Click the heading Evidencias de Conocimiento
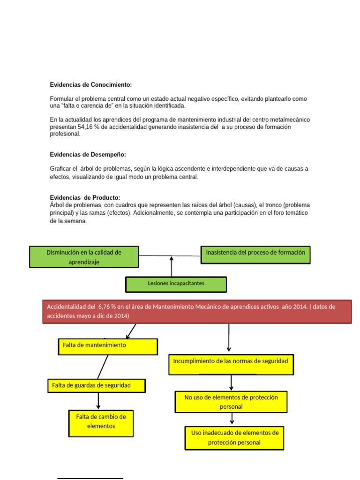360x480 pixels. (91, 85)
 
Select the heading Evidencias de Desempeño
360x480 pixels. (88, 155)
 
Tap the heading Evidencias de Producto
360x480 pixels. (85, 198)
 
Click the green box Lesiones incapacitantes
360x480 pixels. (176, 284)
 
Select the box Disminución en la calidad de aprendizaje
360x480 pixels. (84, 257)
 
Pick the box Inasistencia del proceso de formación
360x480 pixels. (255, 255)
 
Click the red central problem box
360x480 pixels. (197, 311)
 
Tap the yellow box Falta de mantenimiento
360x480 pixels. (108, 346)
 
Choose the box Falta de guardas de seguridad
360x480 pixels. (97, 386)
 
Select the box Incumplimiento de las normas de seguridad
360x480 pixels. (231, 364)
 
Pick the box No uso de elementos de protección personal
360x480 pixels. (231, 402)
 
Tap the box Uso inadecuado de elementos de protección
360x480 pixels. (234, 437)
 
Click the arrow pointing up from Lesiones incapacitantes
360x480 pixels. (172, 266)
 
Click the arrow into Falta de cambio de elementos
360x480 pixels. (98, 401)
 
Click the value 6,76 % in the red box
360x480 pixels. (109, 307)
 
